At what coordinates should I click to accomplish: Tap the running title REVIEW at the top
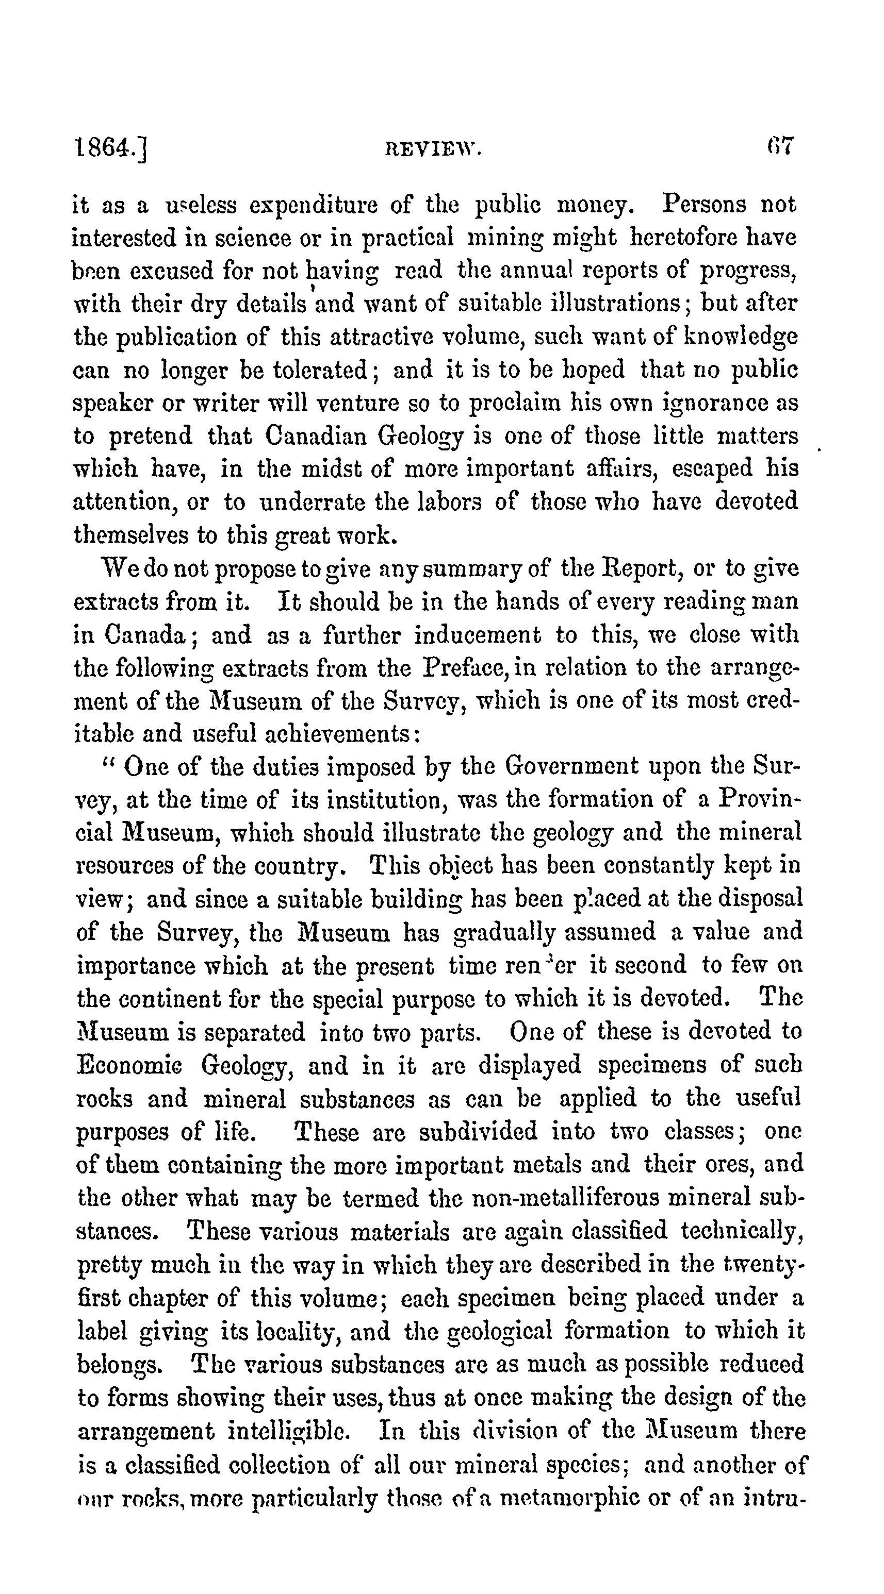coord(433,150)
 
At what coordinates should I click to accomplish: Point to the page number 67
coord(779,147)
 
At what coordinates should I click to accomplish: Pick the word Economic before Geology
coord(129,1065)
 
